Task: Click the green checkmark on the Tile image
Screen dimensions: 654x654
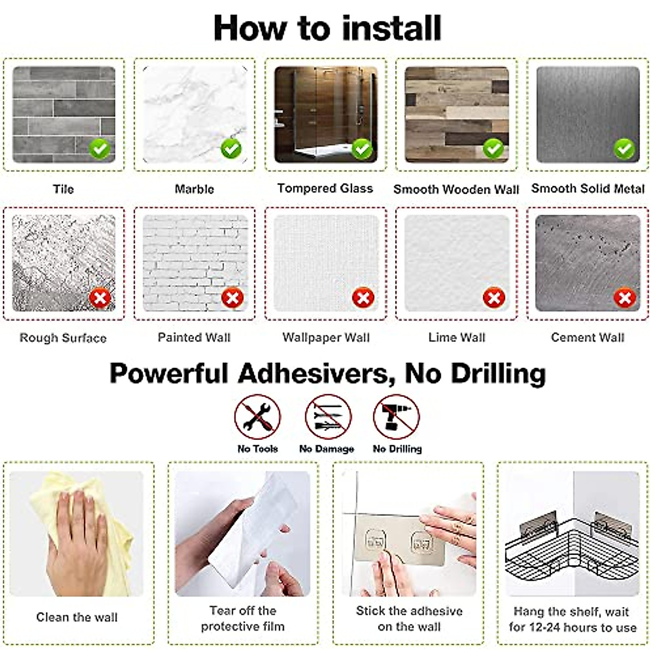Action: coord(100,149)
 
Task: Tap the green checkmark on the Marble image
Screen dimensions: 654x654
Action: coord(231,149)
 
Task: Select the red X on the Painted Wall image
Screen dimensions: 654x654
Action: coord(233,298)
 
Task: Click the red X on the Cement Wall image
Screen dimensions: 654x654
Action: coord(625,298)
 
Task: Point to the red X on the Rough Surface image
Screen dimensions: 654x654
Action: coord(100,298)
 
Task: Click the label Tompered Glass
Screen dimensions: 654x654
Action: coord(325,188)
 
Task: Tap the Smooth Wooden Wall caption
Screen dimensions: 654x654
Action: coord(456,189)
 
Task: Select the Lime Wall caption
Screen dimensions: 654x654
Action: coord(457,337)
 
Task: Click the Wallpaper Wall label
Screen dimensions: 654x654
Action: coord(326,337)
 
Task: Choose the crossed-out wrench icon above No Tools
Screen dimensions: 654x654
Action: coord(258,417)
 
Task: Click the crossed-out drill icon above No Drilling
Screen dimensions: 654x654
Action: coord(396,417)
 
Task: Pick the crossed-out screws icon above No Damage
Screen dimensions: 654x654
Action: coord(328,417)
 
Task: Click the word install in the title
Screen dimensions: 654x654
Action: coord(391,28)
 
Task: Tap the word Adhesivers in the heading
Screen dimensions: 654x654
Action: coord(316,374)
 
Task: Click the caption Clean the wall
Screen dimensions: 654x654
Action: coord(77,617)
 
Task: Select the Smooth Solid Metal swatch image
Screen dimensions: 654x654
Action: coord(588,114)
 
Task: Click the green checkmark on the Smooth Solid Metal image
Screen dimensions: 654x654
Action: coord(625,149)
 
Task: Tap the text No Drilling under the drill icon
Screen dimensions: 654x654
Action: coord(397,449)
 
